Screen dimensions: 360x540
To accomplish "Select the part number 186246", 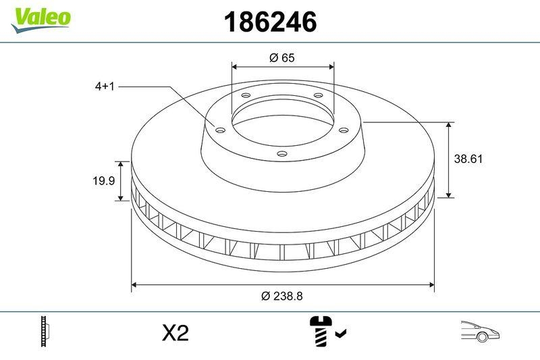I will click(270, 22).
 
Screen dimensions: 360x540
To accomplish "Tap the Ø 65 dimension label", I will click(282, 58).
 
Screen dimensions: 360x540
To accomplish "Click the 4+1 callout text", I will click(105, 87).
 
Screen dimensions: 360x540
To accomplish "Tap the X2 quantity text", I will click(175, 333).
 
